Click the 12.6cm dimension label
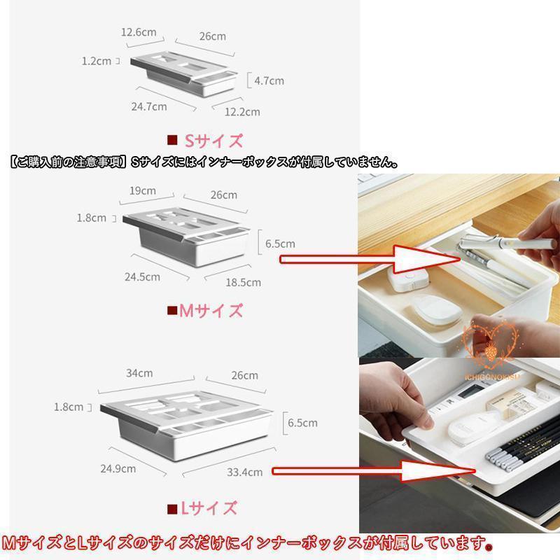pyautogui.click(x=139, y=32)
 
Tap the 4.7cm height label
pyautogui.click(x=269, y=80)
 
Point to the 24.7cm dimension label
pyautogui.click(x=149, y=106)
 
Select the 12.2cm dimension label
pyautogui.click(x=242, y=112)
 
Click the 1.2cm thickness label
pyautogui.click(x=97, y=61)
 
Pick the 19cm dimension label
pyautogui.click(x=143, y=190)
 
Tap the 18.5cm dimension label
pyautogui.click(x=243, y=283)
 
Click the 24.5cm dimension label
pyautogui.click(x=142, y=276)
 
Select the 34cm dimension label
pyautogui.click(x=139, y=373)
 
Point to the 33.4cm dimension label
pyautogui.click(x=244, y=472)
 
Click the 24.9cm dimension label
pyautogui.click(x=118, y=468)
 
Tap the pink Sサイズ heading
pyautogui.click(x=213, y=141)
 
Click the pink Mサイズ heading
pyautogui.click(x=211, y=311)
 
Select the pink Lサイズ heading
pyautogui.click(x=209, y=508)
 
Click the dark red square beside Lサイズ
pyautogui.click(x=172, y=509)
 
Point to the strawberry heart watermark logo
pyautogui.click(x=491, y=346)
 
